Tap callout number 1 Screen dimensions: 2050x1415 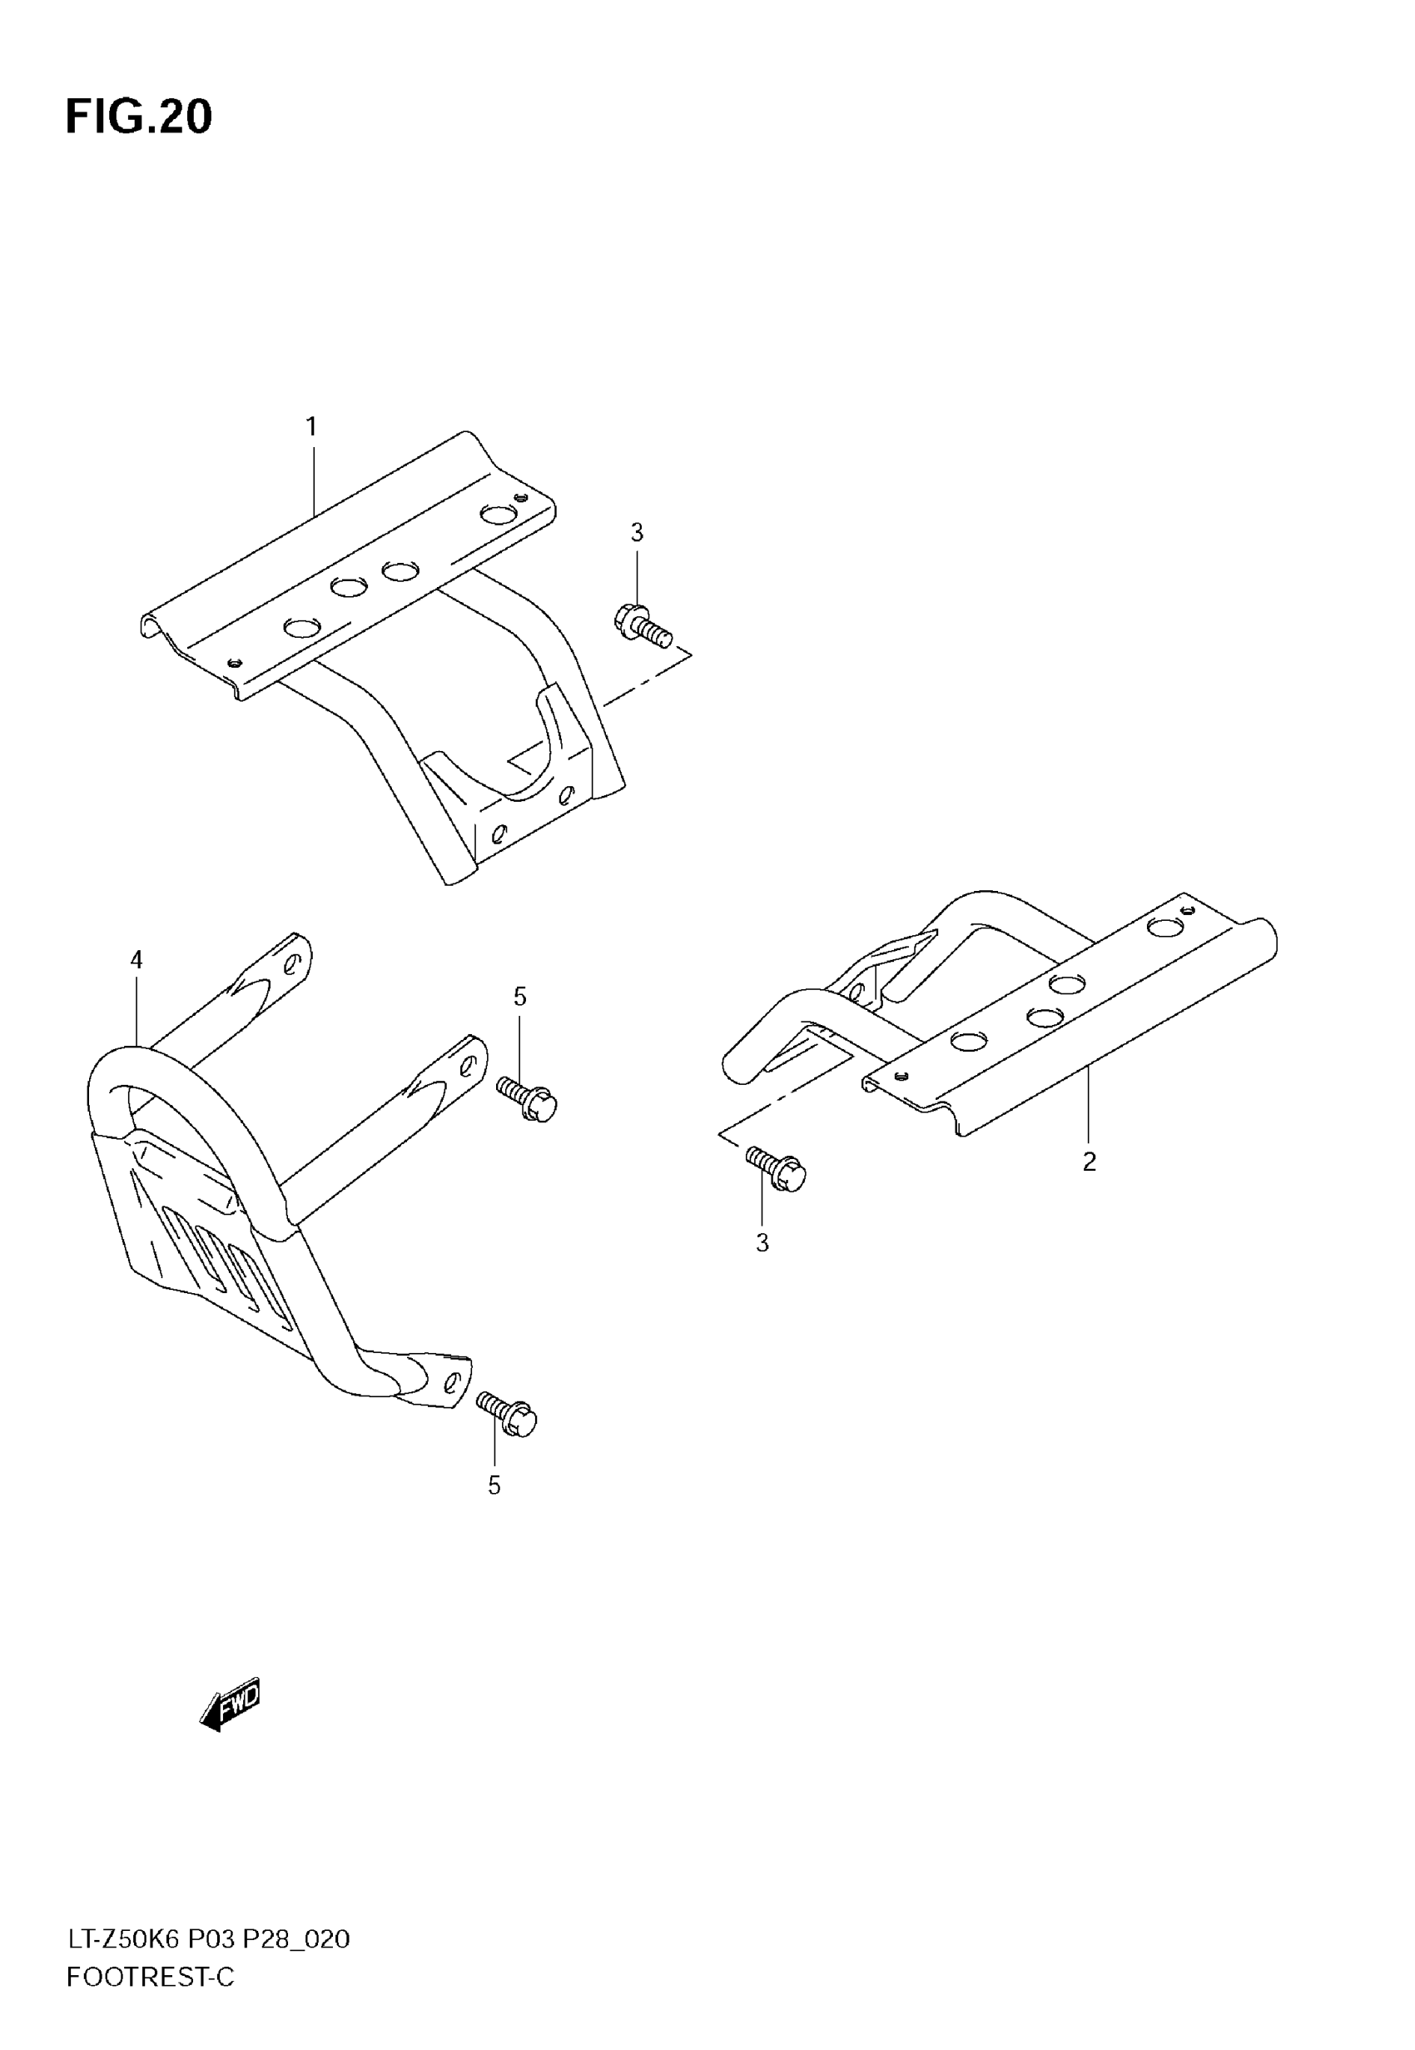[311, 427]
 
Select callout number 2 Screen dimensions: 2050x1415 [1089, 1161]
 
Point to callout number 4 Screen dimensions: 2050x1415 [137, 959]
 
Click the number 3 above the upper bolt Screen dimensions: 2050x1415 [637, 533]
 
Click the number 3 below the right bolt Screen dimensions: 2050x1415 [762, 1243]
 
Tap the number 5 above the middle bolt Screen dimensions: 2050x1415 [519, 997]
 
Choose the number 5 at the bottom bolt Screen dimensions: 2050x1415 [494, 1485]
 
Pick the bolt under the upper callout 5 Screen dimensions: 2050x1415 [527, 1099]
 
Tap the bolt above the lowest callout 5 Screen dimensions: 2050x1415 [506, 1413]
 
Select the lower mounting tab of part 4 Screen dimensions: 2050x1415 [434, 1378]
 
